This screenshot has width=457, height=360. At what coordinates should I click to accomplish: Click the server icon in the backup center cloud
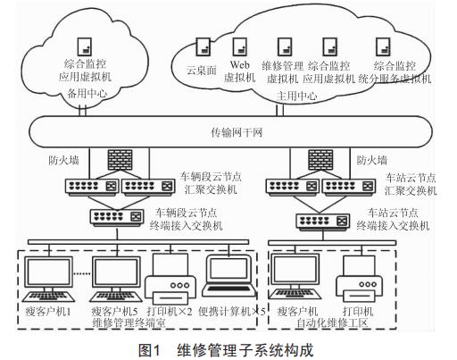pyautogui.click(x=84, y=45)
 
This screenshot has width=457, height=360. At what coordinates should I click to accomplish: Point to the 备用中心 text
pyautogui.click(x=85, y=91)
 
